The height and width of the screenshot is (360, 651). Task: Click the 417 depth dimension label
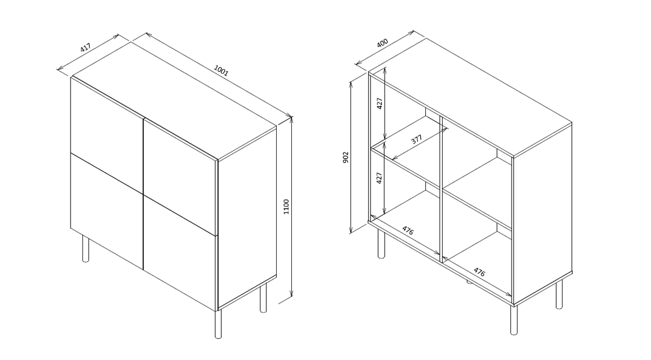click(x=86, y=47)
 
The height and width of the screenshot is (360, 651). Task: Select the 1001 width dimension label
click(x=221, y=70)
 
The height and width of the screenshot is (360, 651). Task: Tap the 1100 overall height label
click(x=286, y=207)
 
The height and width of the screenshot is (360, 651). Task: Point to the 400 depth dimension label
click(x=382, y=43)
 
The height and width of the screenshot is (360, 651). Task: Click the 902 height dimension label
click(x=346, y=157)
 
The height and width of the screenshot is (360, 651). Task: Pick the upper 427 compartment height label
click(x=380, y=103)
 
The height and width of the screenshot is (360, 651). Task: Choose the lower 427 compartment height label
click(x=379, y=178)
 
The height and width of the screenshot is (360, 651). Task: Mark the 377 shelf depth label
click(x=417, y=139)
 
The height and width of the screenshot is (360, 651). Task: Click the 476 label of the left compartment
click(x=408, y=230)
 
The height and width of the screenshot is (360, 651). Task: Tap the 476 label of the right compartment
click(x=480, y=272)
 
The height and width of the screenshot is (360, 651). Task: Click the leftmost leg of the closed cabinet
click(x=86, y=248)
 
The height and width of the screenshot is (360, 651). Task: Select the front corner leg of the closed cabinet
click(x=218, y=323)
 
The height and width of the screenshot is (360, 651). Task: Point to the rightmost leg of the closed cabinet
click(x=263, y=297)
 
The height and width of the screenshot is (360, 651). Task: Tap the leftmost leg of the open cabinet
click(x=381, y=243)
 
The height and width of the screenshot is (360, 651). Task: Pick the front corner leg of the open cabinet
click(x=514, y=320)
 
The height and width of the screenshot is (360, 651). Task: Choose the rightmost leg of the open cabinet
click(x=559, y=293)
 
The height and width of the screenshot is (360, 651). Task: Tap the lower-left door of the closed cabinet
click(x=107, y=211)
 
